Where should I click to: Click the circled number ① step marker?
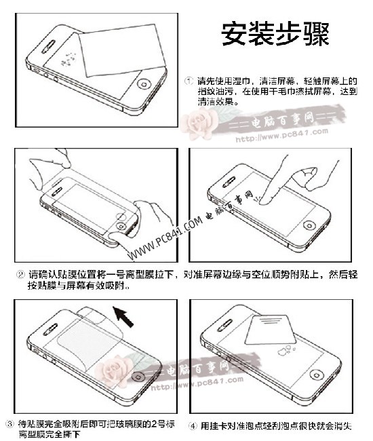[x=191, y=81]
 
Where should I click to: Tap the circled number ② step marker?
[x=20, y=275]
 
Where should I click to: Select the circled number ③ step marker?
[x=9, y=423]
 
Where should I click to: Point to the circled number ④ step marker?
[x=193, y=426]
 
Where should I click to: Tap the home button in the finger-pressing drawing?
[x=311, y=227]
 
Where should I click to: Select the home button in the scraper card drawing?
[x=313, y=375]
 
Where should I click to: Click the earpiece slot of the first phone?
[x=48, y=50]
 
